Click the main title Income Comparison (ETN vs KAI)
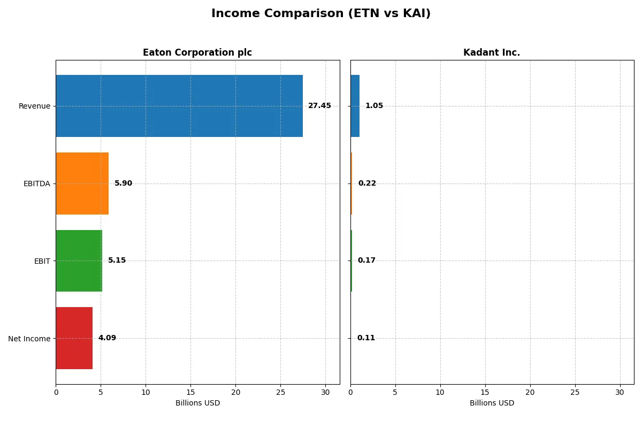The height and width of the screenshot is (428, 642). tap(320, 14)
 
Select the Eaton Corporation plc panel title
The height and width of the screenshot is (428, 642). tap(197, 52)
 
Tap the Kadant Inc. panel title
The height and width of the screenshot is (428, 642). tap(491, 52)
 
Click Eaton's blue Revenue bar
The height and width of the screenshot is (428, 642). tap(179, 106)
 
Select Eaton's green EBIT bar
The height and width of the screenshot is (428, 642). tap(79, 261)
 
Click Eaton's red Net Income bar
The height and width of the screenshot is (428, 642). tap(74, 338)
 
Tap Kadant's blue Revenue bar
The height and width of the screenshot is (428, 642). tap(355, 106)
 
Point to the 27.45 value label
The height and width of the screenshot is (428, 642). tap(319, 106)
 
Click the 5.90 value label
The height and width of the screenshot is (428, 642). tap(123, 184)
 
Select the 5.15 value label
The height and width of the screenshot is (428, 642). tap(117, 261)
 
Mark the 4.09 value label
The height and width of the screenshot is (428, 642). tap(107, 338)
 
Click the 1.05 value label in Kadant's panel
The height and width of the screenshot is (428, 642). tap(374, 106)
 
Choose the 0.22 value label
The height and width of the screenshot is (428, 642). tap(367, 184)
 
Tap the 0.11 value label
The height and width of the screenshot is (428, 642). tap(366, 338)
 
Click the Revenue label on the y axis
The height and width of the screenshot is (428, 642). tap(34, 106)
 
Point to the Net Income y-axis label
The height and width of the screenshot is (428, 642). tap(29, 339)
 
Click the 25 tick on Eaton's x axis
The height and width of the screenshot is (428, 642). tap(280, 392)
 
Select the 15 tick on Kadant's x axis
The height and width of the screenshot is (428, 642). tap(485, 392)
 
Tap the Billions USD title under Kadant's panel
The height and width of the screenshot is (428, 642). tap(492, 403)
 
